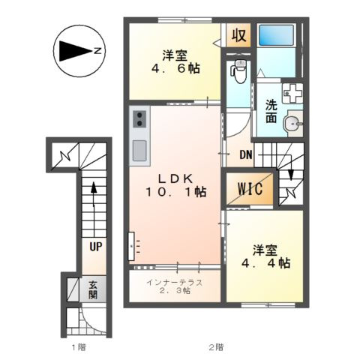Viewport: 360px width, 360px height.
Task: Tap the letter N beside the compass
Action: click(98, 51)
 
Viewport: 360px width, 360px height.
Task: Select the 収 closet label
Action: click(238, 36)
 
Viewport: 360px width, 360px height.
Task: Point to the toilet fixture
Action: click(239, 73)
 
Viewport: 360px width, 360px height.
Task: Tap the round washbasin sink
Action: click(293, 123)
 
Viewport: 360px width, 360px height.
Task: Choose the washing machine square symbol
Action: click(291, 94)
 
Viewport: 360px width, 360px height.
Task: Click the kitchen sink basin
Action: click(139, 151)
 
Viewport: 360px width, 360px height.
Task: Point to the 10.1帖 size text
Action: click(178, 192)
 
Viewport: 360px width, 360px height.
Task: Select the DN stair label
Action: click(245, 155)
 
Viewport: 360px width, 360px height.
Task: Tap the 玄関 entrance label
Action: click(94, 289)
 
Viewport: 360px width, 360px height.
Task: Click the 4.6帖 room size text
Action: click(178, 67)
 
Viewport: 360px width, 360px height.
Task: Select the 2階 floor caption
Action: click(216, 347)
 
